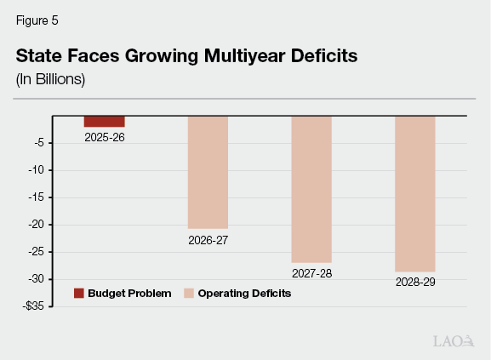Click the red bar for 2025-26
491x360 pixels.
[x=105, y=121]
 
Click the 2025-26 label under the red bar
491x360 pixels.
[x=105, y=136]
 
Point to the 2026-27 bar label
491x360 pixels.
[x=208, y=240]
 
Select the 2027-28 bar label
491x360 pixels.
[x=311, y=274]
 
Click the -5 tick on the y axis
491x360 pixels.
[x=39, y=143]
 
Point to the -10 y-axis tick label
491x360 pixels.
[x=37, y=170]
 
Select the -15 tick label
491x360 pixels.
[x=37, y=197]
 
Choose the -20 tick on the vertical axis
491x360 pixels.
[x=37, y=225]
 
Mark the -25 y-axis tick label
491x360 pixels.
[x=37, y=252]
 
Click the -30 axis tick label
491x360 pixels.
[x=37, y=279]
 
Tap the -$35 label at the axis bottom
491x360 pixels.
[x=34, y=306]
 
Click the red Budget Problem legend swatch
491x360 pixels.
[x=79, y=294]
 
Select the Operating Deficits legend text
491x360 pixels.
[x=244, y=294]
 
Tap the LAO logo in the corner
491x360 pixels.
[x=452, y=341]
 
